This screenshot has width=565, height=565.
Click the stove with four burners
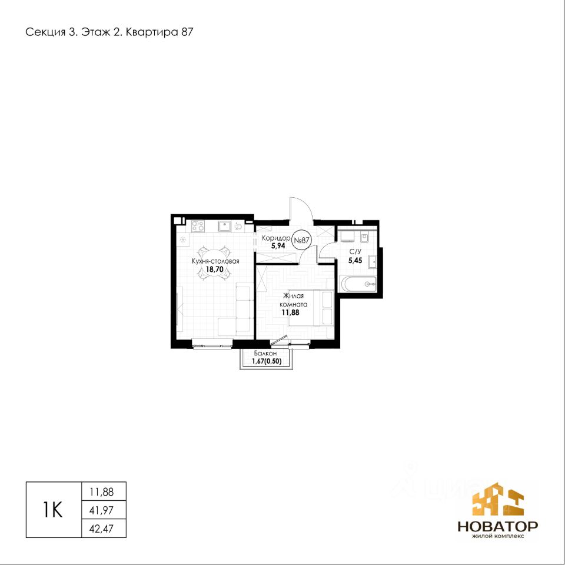(198, 226)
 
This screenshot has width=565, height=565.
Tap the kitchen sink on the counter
(224, 226)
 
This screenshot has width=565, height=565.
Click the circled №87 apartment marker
(300, 240)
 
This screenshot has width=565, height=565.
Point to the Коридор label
(276, 238)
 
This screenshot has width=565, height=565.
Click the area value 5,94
(278, 247)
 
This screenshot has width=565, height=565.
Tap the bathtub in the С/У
(358, 284)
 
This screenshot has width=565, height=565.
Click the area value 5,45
(355, 261)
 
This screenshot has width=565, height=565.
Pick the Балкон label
(265, 354)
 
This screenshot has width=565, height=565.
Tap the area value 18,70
(214, 269)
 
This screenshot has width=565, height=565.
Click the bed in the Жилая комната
(312, 308)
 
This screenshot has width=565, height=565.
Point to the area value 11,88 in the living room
(290, 313)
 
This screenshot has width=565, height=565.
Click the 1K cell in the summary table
(54, 510)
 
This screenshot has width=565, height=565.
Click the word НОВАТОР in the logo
(498, 526)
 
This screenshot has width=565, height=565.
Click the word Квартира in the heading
(152, 32)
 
